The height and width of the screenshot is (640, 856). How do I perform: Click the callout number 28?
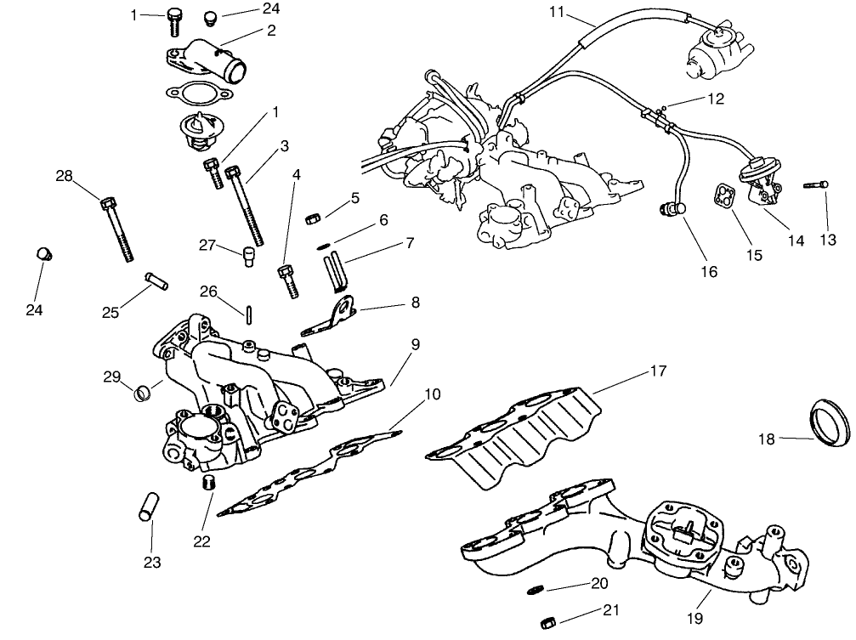click(65, 176)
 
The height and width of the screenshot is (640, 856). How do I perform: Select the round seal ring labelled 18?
click(830, 422)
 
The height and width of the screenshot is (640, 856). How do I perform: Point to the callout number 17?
click(658, 371)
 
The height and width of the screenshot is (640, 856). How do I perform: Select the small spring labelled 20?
click(534, 588)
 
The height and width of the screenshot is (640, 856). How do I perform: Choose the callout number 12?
click(715, 99)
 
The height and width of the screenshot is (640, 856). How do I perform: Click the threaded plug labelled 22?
click(205, 484)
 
